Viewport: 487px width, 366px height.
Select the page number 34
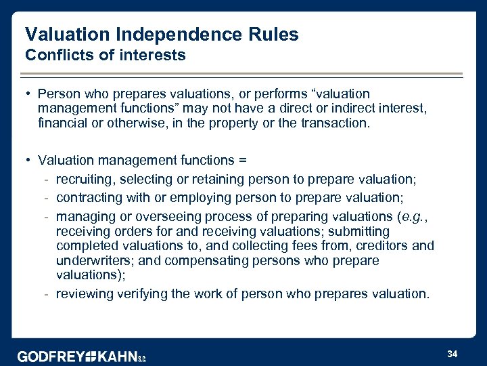(453, 353)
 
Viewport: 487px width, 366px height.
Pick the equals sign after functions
(243, 161)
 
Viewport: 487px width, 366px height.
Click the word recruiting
(84, 179)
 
